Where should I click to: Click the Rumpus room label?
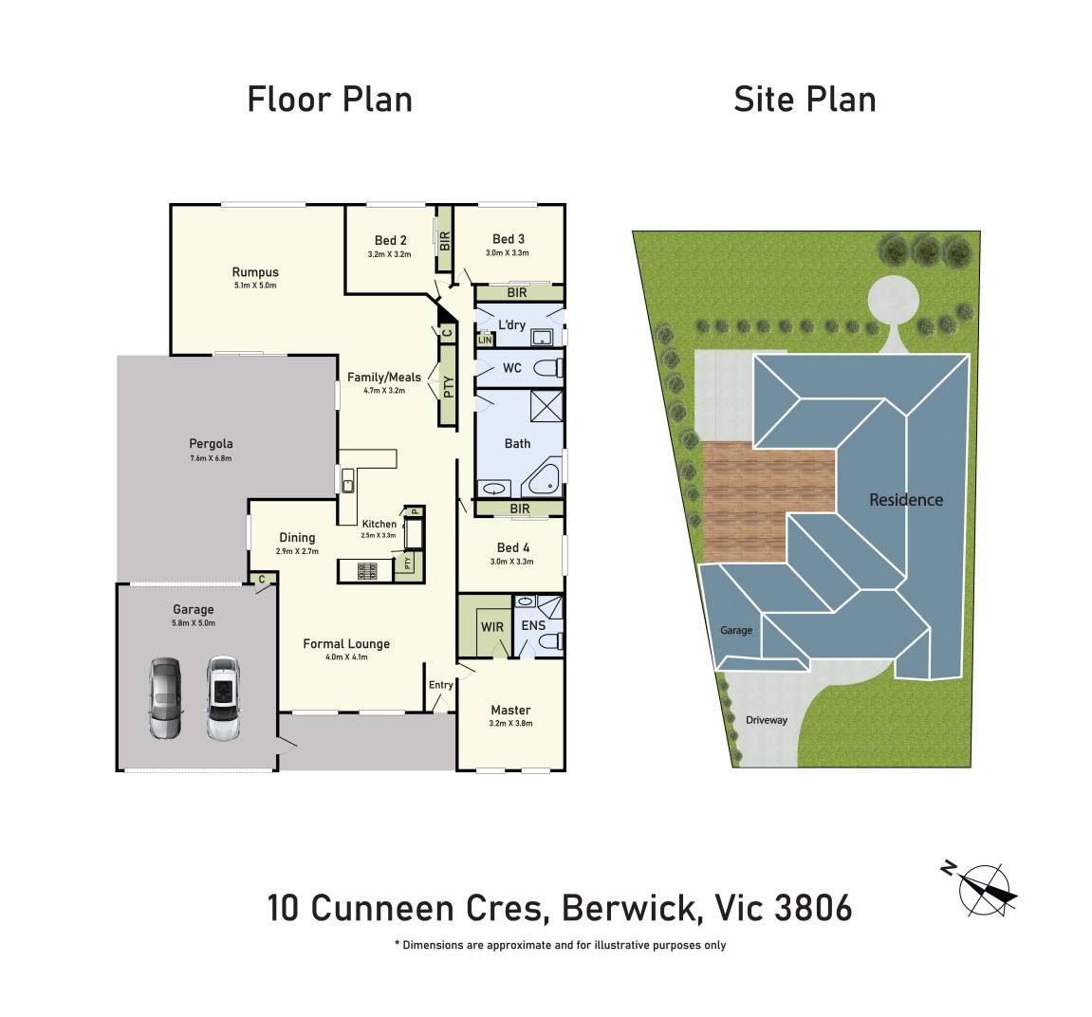coord(255,272)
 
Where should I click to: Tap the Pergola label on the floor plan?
coord(211,444)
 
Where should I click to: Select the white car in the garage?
coord(223,698)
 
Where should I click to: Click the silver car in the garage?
coord(166,698)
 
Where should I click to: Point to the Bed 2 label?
coord(391,240)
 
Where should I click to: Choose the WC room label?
coord(512,368)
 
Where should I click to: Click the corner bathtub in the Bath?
coord(541,478)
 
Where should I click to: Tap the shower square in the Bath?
coord(546,406)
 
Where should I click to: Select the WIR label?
coord(492,627)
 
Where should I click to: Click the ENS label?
coord(533,625)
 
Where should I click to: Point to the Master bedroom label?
coord(510,710)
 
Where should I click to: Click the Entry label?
coord(441,685)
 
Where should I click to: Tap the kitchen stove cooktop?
coord(367,571)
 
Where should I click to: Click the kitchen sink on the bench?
coord(347,481)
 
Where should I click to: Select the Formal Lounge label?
coord(346,644)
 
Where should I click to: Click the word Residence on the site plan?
coord(906,499)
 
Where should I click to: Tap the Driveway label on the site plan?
coord(766,720)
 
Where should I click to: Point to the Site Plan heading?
coord(805,100)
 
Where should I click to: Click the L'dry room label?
coord(512,324)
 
